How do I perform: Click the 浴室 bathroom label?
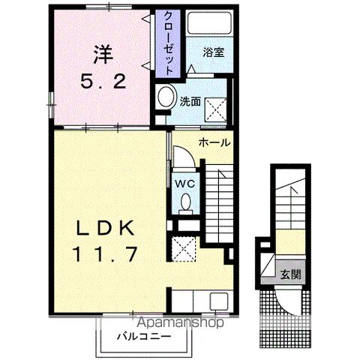pos(213,52)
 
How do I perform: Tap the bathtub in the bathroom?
pos(209,22)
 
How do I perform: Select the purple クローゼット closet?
pos(168,43)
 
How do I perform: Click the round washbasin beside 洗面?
pos(166,97)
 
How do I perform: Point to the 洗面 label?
pos(190,101)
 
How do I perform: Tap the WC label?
pos(185,184)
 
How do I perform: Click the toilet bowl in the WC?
pos(186,202)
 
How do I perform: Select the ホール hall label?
pos(214,142)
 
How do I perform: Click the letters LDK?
pos(105,228)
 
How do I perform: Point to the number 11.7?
pos(105,253)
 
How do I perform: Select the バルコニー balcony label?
pos(144,336)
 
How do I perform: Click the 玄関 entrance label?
pos(290,274)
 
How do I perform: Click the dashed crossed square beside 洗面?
pos(215,110)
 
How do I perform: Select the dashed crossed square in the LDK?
pos(184,249)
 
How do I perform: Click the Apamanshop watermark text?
pos(181,322)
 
